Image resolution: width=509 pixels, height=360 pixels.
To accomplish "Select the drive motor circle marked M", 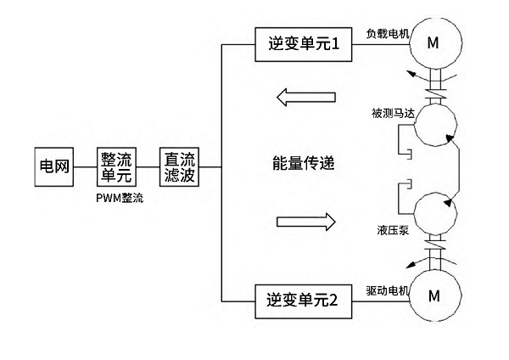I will pyautogui.click(x=434, y=296).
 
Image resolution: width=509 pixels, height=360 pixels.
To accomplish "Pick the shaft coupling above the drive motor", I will pyautogui.click(x=434, y=254).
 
